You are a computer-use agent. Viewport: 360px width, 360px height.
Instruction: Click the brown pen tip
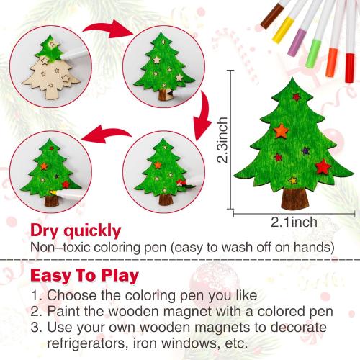pos(266,23)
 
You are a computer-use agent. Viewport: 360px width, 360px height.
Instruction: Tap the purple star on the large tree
pos(305,151)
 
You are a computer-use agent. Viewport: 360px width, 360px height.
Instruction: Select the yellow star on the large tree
pos(292,180)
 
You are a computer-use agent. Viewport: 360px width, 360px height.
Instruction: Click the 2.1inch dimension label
pos(294,221)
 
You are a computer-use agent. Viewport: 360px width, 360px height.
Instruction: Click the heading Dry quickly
pos(76,231)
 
